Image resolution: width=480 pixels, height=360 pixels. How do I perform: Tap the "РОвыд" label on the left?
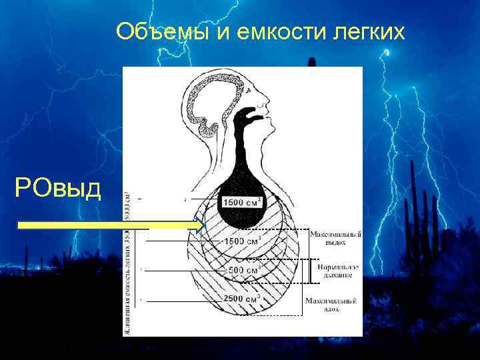[x=58, y=189]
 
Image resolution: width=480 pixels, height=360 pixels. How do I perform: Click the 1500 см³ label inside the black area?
[x=241, y=201]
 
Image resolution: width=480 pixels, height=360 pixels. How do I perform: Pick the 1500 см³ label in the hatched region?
[x=241, y=241]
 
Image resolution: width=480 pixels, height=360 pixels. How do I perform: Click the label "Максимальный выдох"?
[x=336, y=238]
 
